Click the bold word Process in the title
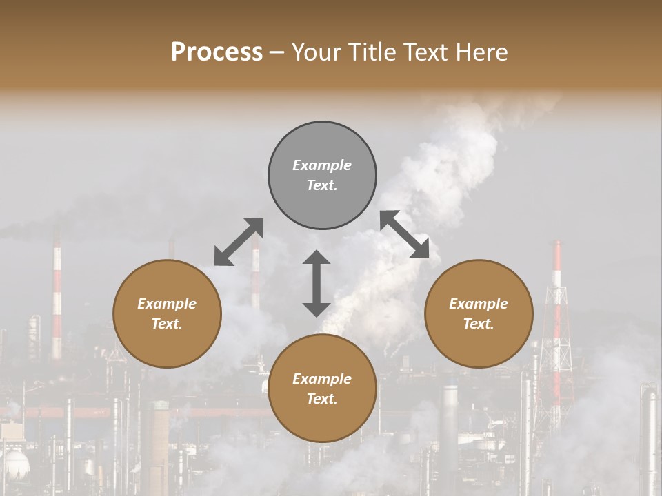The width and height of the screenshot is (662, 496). tap(217, 52)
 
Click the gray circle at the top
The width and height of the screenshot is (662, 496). tap(322, 176)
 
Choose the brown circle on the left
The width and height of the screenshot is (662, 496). tap(167, 313)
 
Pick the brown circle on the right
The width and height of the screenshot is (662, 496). tap(479, 313)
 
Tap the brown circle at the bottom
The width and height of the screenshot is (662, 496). tap(322, 389)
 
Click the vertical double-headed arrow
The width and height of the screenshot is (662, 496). tap(317, 283)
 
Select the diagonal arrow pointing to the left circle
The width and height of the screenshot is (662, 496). tap(239, 241)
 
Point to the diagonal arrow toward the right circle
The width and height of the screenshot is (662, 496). tap(405, 235)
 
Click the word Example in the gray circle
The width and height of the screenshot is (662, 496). tap(322, 165)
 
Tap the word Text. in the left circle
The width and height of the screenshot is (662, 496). tap(167, 324)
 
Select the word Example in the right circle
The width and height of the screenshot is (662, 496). tap(479, 304)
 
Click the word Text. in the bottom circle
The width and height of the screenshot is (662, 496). tap(322, 399)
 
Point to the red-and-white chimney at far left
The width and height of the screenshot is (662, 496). tap(57, 296)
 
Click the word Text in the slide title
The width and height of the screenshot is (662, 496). tap(423, 52)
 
